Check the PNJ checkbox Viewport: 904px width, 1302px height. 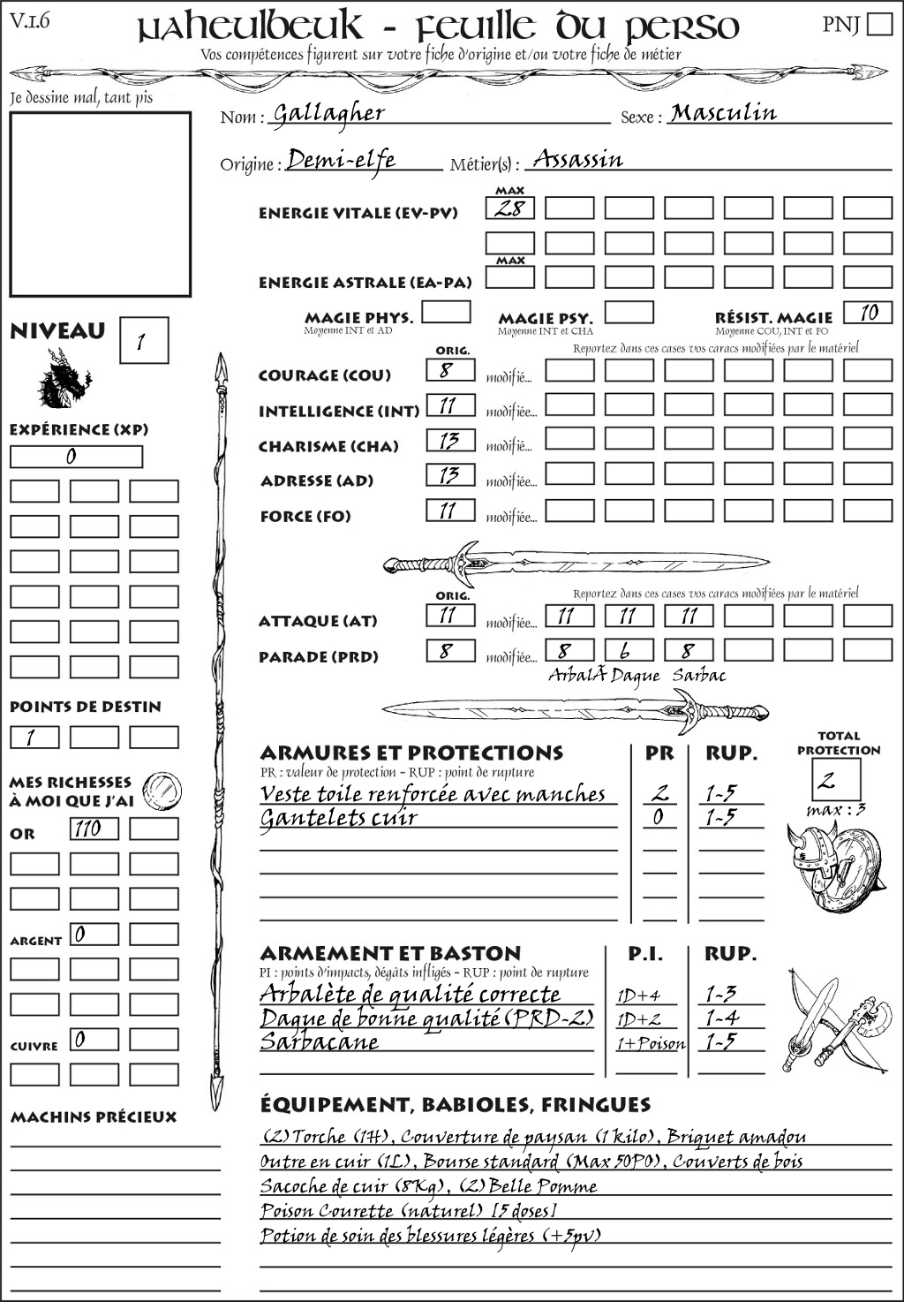[879, 24]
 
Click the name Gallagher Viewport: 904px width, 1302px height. [328, 113]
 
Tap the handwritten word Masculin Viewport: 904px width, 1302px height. [723, 112]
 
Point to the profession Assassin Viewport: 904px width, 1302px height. [578, 159]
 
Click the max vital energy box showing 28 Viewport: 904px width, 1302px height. [510, 208]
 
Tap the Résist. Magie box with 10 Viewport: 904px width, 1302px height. [868, 313]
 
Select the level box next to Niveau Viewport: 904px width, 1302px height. [143, 341]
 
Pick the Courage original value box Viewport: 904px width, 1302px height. [450, 370]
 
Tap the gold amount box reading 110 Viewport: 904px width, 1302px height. [94, 829]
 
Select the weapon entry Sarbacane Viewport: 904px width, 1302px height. [320, 1041]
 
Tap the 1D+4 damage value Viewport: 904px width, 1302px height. [638, 995]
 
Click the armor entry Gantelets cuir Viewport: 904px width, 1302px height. [338, 818]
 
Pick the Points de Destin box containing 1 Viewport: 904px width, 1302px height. [34, 738]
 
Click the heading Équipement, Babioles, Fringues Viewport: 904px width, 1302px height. [455, 1104]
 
